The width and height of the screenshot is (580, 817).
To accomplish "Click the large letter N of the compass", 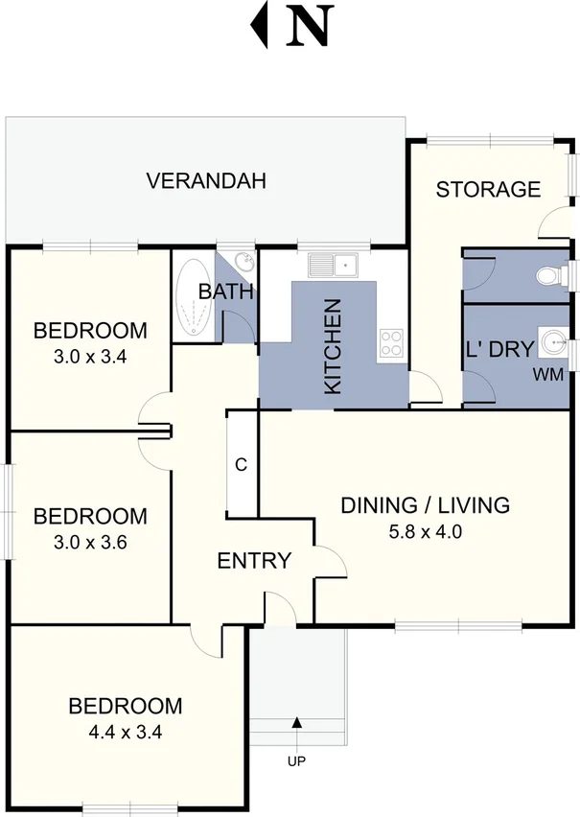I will pos(309,27).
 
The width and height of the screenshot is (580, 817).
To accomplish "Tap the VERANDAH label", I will pos(205,180).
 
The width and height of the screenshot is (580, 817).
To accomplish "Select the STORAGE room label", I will pos(488,189).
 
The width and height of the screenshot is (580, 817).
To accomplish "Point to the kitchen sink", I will pos(332,263).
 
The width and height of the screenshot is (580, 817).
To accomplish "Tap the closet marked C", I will pos(242,465).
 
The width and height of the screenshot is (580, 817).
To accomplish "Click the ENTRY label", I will pos(254,561).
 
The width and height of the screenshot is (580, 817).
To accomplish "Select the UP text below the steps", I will pos(297,762).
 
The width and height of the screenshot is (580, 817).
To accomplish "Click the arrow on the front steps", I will pos(297,723).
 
